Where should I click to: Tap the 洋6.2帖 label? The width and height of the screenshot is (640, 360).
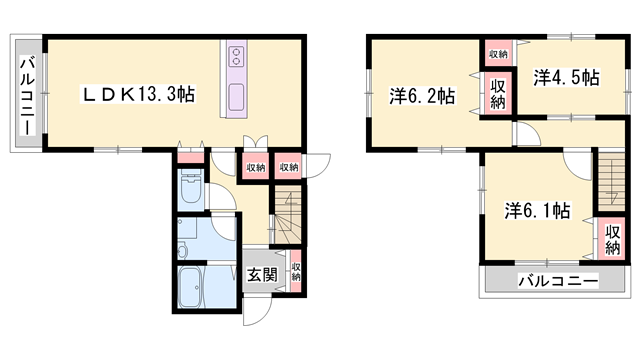422,97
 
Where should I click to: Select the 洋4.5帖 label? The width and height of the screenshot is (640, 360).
566,77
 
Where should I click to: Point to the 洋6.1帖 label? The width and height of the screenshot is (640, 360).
537,211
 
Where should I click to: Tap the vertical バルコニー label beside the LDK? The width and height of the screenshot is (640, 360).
28,95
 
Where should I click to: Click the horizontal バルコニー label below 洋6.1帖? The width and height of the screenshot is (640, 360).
557,282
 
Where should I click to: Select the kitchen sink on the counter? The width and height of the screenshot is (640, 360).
237,97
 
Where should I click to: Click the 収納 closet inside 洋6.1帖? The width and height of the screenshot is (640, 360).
612,240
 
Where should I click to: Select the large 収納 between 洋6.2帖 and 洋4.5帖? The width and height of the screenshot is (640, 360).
497,93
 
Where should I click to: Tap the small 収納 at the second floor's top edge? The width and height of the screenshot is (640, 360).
498,53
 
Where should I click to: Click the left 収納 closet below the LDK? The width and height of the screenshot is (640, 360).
255,168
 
